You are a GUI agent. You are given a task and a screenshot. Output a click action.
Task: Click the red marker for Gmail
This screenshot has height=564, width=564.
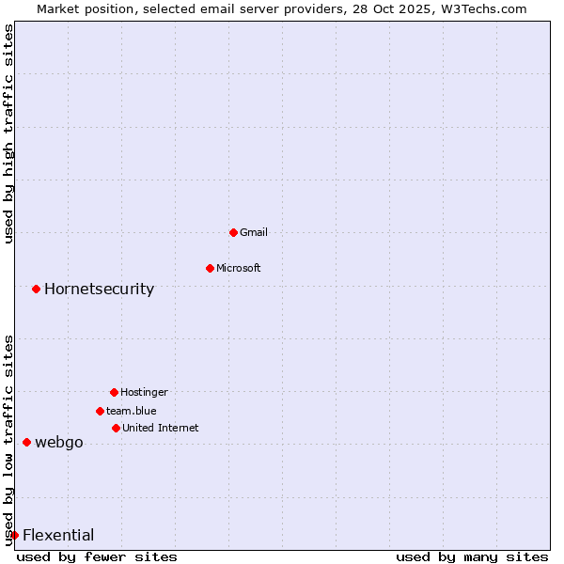[x=233, y=232]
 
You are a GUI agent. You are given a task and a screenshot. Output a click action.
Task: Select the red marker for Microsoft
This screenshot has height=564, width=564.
[x=210, y=268]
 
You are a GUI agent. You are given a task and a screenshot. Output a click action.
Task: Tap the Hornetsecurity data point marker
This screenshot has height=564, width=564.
[x=36, y=289]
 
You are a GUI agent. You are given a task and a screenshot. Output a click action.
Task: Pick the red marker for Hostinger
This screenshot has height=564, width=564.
[x=114, y=392]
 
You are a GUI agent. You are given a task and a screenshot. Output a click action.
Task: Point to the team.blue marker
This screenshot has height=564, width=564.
[x=100, y=411]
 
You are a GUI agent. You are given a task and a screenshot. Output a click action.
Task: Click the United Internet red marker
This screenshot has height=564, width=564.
[x=116, y=428]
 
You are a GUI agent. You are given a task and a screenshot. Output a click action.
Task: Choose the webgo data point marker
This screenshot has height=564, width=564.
[x=26, y=442]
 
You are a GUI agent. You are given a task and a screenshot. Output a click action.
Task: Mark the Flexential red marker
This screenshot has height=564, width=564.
[x=14, y=535]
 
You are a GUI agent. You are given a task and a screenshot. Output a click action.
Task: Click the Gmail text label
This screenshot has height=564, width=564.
[x=254, y=232]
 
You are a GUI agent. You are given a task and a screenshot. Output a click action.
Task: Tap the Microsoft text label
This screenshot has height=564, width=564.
[x=239, y=268]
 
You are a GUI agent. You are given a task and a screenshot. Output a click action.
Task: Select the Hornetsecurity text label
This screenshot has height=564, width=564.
[x=99, y=289]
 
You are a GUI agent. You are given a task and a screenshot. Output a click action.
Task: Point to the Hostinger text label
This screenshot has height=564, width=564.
[x=144, y=392]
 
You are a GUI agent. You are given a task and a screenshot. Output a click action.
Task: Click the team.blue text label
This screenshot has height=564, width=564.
[x=132, y=411]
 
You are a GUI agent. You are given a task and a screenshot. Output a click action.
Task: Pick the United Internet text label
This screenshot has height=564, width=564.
[x=161, y=428]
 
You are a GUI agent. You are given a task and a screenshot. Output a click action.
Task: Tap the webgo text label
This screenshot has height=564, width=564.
[x=59, y=442]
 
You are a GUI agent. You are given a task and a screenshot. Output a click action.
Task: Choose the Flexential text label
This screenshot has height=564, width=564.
[x=58, y=535]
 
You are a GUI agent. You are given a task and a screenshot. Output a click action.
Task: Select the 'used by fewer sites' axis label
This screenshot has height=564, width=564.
[x=97, y=556]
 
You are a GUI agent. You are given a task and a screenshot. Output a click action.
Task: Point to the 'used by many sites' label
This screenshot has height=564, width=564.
[x=472, y=556]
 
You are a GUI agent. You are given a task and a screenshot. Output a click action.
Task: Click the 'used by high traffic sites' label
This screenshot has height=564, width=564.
[x=9, y=134]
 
